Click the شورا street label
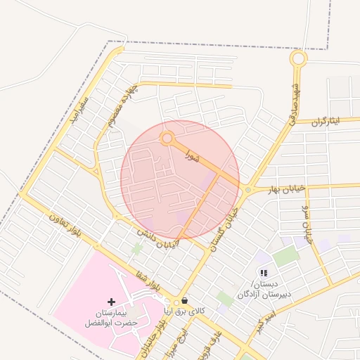[192, 155]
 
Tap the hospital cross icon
[111, 301]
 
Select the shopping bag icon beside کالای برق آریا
[184, 301]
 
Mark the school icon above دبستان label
[264, 273]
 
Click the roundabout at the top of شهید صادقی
[298, 59]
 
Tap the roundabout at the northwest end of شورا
[167, 139]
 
